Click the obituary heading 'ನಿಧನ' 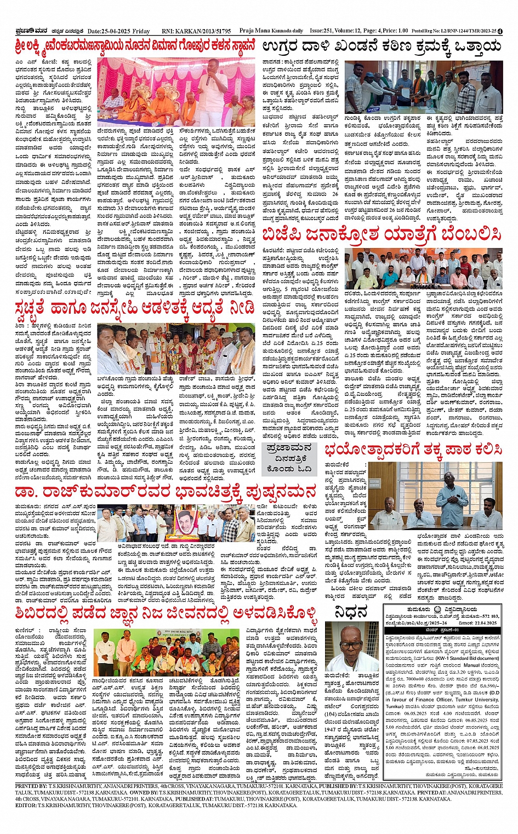point(351,612)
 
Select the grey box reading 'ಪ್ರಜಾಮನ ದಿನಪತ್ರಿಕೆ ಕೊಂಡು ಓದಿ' point(288,458)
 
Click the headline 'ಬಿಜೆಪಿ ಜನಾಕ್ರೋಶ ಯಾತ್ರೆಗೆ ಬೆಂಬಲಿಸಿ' point(382,235)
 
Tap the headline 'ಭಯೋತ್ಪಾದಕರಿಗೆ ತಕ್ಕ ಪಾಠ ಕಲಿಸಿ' point(413,450)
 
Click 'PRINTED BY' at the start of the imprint point(32,786)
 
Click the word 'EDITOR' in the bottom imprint point(26,806)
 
